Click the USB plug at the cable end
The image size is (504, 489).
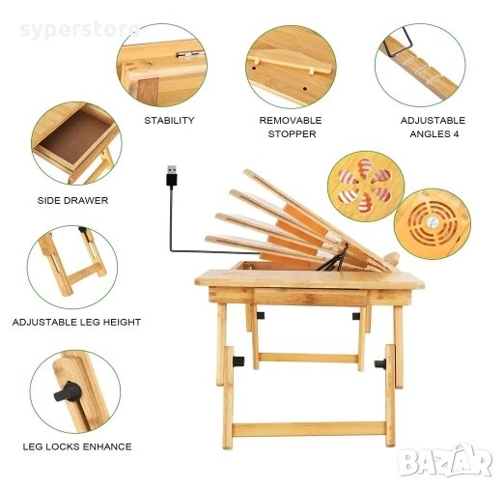pyautogui.click(x=172, y=175)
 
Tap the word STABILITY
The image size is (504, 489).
pyautogui.click(x=169, y=121)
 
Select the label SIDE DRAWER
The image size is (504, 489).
pyautogui.click(x=72, y=200)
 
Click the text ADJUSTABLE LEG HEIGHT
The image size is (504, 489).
pyautogui.click(x=76, y=322)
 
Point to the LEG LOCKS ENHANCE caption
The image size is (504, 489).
pyautogui.click(x=77, y=446)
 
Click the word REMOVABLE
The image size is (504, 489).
pyautogui.click(x=291, y=121)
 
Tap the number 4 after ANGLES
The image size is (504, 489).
pyautogui.click(x=456, y=134)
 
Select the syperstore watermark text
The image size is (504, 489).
pyautogui.click(x=80, y=30)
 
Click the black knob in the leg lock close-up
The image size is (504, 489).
pyautogui.click(x=68, y=391)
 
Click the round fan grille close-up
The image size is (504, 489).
pyautogui.click(x=433, y=224)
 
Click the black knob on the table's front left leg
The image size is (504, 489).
pyautogui.click(x=238, y=361)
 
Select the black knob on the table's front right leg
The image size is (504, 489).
pyautogui.click(x=380, y=364)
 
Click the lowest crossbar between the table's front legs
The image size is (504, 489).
pyautogui.click(x=309, y=429)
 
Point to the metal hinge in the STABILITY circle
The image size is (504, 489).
pyautogui.click(x=190, y=54)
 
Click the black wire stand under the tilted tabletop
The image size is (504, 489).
pyautogui.click(x=335, y=259)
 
